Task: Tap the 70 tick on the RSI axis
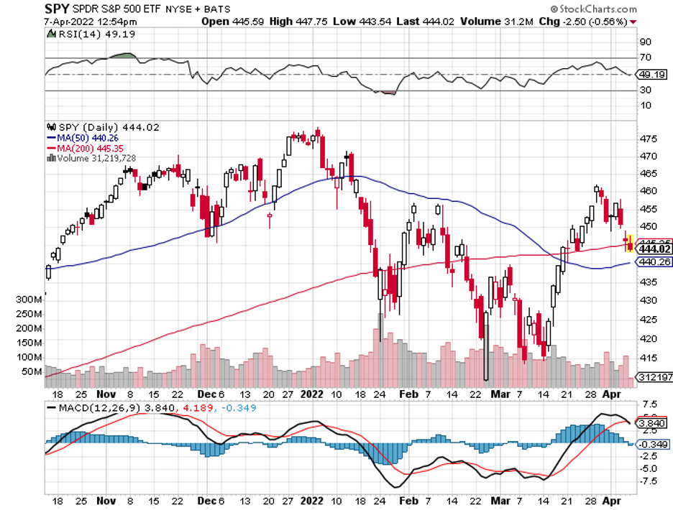pyautogui.click(x=646, y=57)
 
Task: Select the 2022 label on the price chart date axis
pyautogui.click(x=312, y=394)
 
